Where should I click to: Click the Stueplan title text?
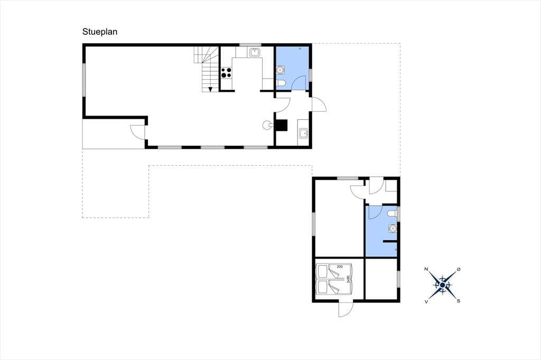(x=100, y=32)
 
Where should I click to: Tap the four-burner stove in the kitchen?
(x=226, y=73)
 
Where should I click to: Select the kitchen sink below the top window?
(x=255, y=53)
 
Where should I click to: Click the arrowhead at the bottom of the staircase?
(x=210, y=90)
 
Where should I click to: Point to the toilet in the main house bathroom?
(x=281, y=83)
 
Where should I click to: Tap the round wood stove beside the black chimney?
(x=267, y=125)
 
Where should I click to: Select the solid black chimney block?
(x=281, y=125)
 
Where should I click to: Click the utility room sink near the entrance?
(x=303, y=133)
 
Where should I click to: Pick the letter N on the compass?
(x=426, y=269)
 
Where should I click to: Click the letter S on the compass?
(x=459, y=301)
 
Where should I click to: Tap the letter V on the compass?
(x=426, y=301)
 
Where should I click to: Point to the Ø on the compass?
(x=459, y=269)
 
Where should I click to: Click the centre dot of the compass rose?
(x=442, y=285)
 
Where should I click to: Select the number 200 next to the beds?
(x=340, y=267)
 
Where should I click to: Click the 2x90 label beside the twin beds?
(x=348, y=279)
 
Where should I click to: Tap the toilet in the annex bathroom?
(x=392, y=214)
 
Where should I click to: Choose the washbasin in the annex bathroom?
(x=393, y=228)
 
